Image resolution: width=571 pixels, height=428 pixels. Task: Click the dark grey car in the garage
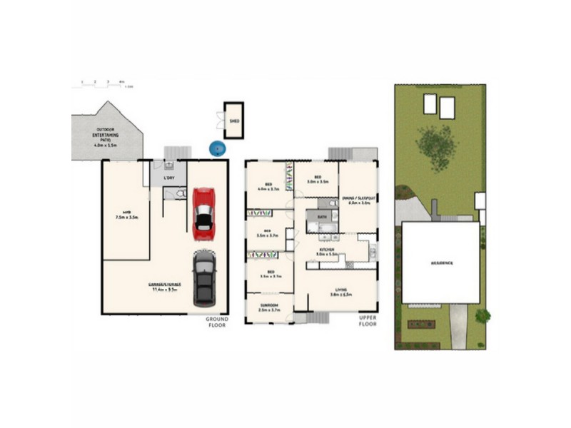pos(204,277)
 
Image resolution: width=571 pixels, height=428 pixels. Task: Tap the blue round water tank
pos(217,148)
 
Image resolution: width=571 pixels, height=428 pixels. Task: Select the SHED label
pos(233,121)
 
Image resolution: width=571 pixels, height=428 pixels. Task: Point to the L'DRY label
pos(169,177)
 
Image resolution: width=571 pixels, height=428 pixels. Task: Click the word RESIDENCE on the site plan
pos(440,263)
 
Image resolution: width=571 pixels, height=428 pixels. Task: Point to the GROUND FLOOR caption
pos(217,321)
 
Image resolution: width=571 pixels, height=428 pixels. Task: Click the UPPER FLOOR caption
pos(368,321)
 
